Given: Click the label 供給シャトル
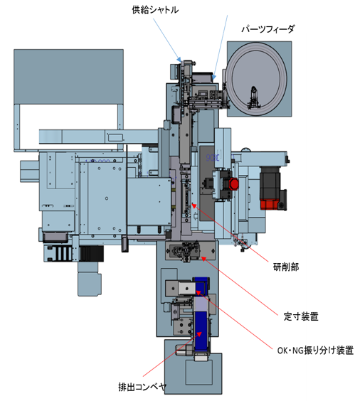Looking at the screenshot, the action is pos(155,10).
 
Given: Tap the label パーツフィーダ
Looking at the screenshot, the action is pos(268,29).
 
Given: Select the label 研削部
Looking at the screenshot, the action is pos(286,267).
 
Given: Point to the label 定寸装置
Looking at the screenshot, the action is pos(301,316).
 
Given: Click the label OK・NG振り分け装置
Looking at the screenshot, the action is pos(315,350).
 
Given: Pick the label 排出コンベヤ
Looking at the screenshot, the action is pos(142,387).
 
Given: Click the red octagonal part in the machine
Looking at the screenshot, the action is pos(233,184).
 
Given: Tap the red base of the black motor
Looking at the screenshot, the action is pos(270,205).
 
